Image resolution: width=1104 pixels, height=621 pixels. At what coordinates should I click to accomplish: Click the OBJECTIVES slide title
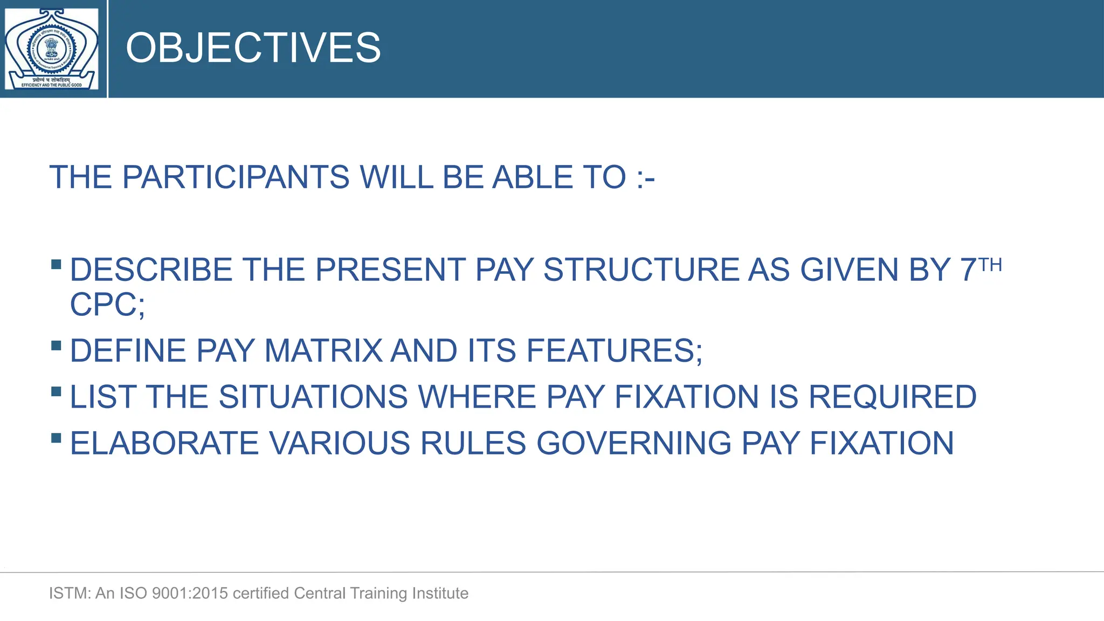(x=253, y=48)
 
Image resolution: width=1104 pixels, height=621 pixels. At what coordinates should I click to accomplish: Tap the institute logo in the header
(x=52, y=49)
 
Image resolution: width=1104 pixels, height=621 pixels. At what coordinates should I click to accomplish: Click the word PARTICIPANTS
(x=236, y=177)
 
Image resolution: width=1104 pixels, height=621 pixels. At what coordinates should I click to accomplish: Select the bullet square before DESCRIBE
(x=56, y=265)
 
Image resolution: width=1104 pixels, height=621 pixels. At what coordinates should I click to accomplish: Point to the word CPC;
(x=107, y=305)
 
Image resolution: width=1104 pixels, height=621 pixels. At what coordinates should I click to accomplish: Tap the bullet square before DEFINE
(x=56, y=346)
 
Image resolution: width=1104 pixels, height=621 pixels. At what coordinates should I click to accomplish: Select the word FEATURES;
(x=614, y=351)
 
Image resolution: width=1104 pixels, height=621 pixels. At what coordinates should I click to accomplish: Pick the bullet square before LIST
(x=56, y=392)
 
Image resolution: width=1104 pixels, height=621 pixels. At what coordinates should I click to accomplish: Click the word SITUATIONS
(x=313, y=397)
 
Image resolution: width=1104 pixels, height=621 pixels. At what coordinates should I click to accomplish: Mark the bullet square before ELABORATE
(x=56, y=438)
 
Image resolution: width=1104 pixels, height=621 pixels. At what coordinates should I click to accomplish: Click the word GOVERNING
(x=633, y=444)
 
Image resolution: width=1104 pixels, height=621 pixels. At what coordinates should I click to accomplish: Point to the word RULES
(x=472, y=444)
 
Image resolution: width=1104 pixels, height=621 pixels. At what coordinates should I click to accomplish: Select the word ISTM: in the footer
(x=70, y=594)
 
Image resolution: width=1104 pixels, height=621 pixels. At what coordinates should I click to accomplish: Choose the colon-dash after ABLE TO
(x=645, y=178)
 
